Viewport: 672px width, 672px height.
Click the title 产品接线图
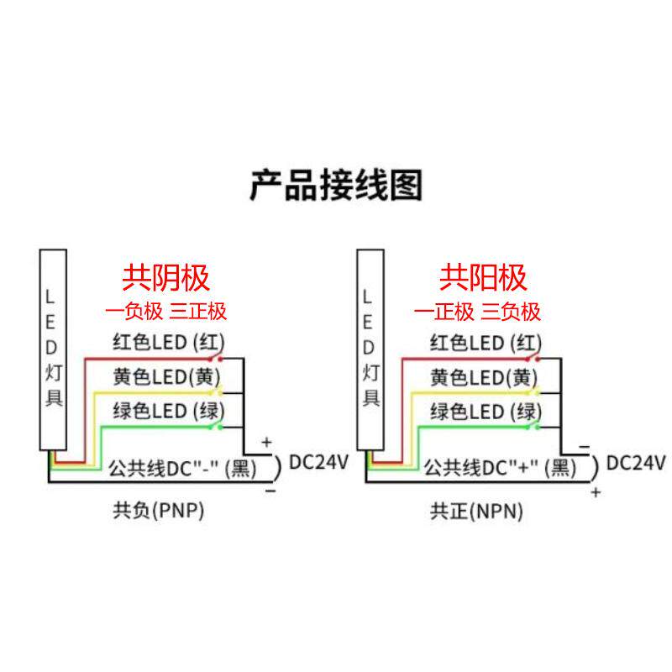click(336, 186)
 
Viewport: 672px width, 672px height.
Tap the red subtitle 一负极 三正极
click(166, 312)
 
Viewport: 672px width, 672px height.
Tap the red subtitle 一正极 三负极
click(479, 312)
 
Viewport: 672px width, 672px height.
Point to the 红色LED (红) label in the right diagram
click(484, 343)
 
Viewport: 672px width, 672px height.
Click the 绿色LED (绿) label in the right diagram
click(484, 412)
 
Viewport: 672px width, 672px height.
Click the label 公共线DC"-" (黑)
click(182, 469)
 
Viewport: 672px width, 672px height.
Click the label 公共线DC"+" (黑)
click(499, 469)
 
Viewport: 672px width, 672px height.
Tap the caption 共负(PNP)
click(159, 510)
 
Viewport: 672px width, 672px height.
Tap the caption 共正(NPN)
click(476, 510)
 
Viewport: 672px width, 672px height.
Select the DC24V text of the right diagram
click(636, 463)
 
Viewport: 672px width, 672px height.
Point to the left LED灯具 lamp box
click(53, 349)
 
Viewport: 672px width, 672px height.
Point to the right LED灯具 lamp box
click(369, 349)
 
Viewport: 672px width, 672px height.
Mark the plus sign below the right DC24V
click(596, 493)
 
